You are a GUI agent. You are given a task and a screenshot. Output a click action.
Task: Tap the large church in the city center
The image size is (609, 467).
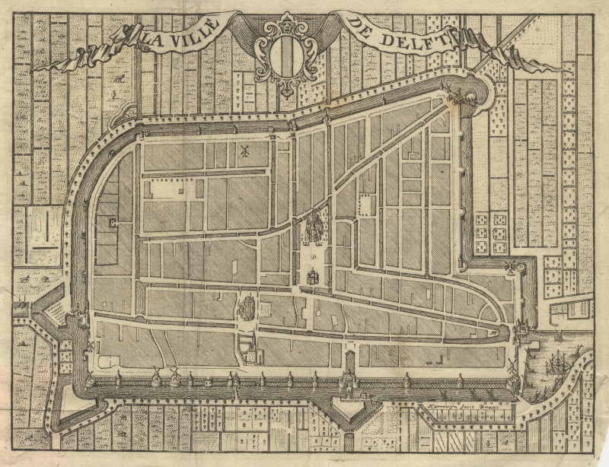[x=313, y=228]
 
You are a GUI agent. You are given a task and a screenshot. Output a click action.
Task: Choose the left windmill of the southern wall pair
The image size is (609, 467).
[x=158, y=374]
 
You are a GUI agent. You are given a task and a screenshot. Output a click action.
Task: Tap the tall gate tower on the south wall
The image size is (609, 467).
[x=349, y=373]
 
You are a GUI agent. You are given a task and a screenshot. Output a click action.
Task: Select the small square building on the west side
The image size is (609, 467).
[x=113, y=224]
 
